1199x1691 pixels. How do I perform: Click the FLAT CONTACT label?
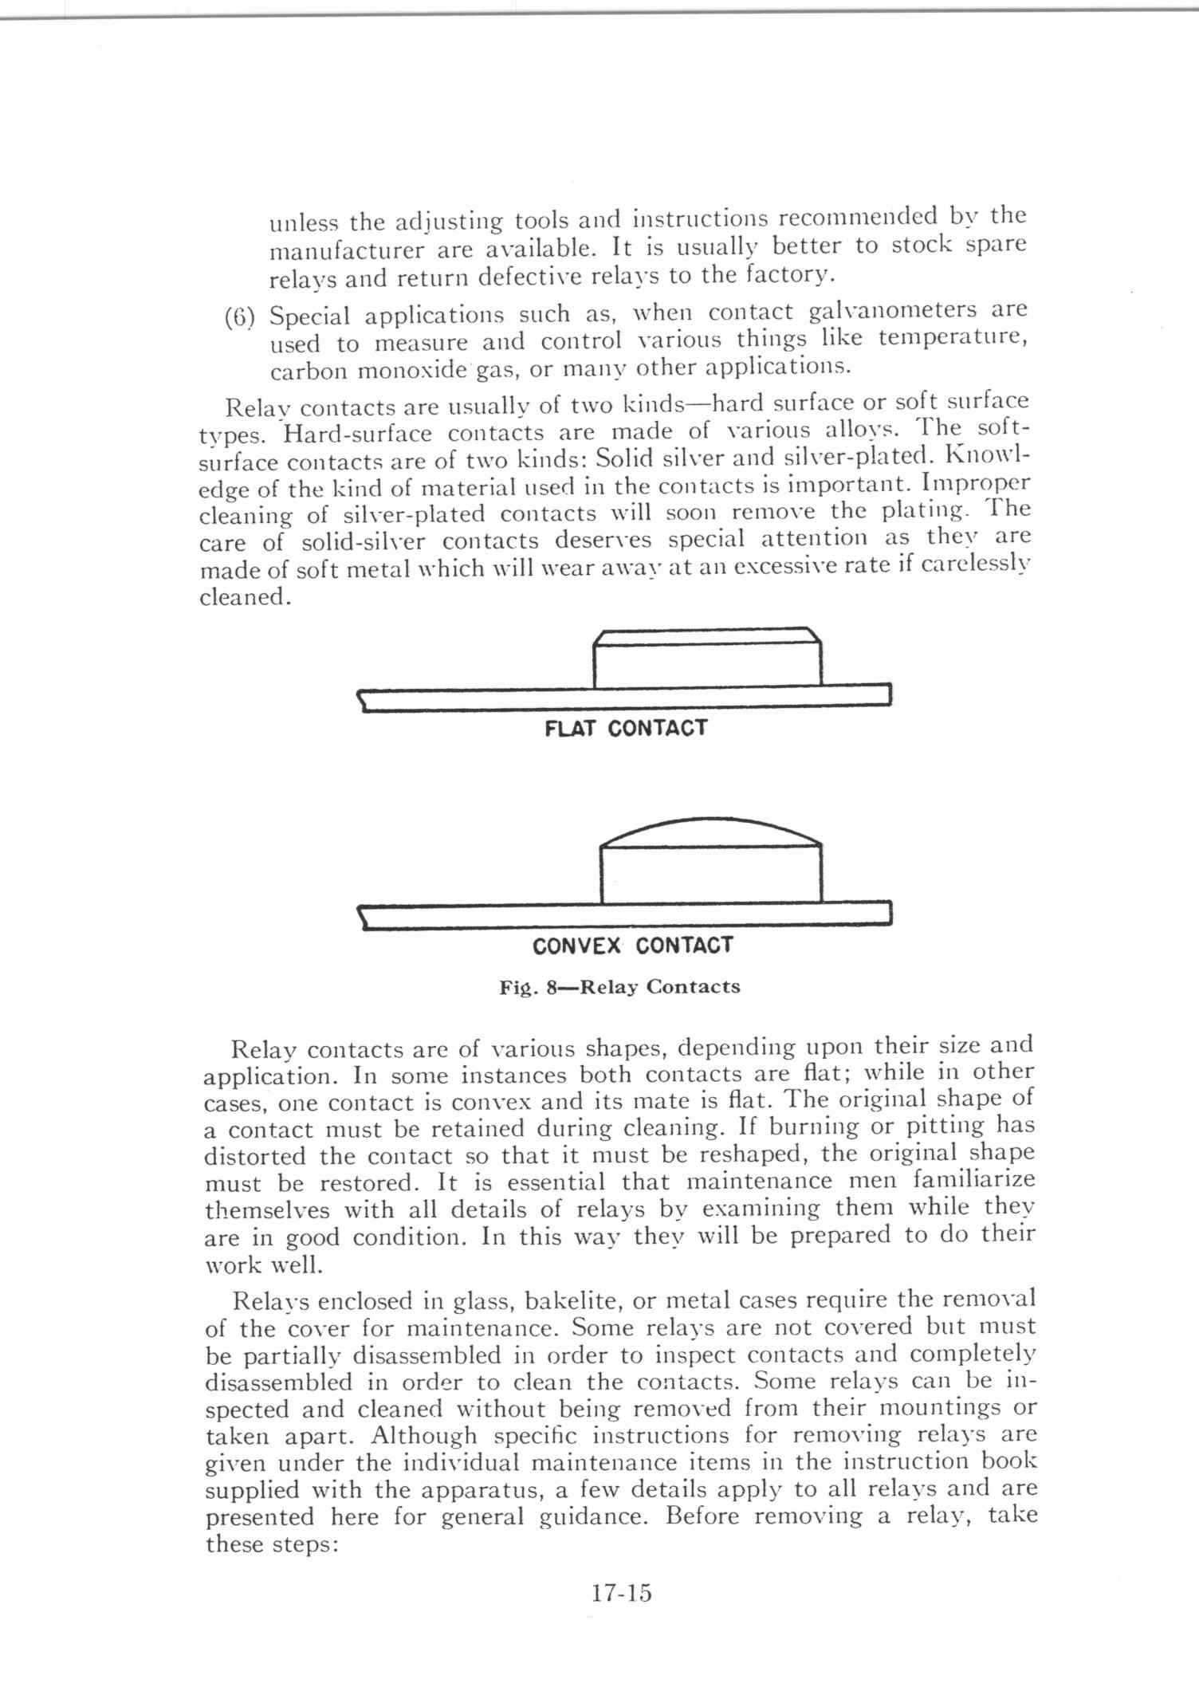[626, 728]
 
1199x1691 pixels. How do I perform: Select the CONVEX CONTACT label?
[632, 946]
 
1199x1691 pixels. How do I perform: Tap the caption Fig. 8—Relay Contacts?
[619, 987]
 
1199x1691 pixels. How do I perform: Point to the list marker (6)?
[240, 317]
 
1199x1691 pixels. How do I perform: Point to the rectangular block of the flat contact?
[707, 664]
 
